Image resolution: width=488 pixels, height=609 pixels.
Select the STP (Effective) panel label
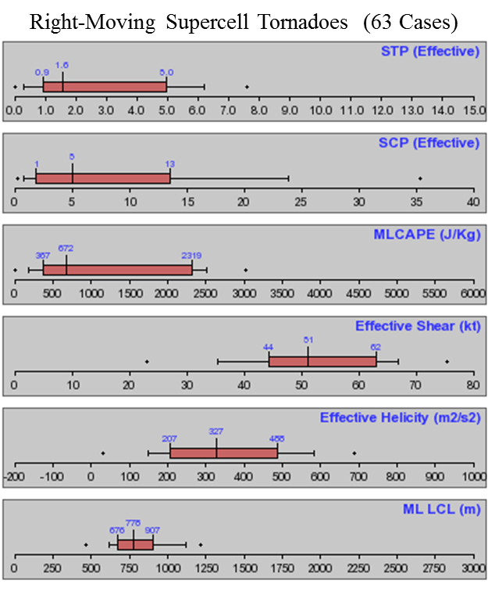coord(430,52)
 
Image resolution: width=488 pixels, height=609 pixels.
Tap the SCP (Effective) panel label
coord(430,143)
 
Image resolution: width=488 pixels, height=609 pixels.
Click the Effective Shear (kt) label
coord(417,326)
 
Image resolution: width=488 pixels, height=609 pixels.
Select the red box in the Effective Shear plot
coord(322,361)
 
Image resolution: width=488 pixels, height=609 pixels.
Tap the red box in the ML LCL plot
coord(136,544)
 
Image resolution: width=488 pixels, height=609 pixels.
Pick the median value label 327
coord(216,432)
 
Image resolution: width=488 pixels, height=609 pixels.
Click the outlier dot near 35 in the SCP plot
coord(420,178)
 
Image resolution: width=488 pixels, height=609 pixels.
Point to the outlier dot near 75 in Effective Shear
coord(447,361)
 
